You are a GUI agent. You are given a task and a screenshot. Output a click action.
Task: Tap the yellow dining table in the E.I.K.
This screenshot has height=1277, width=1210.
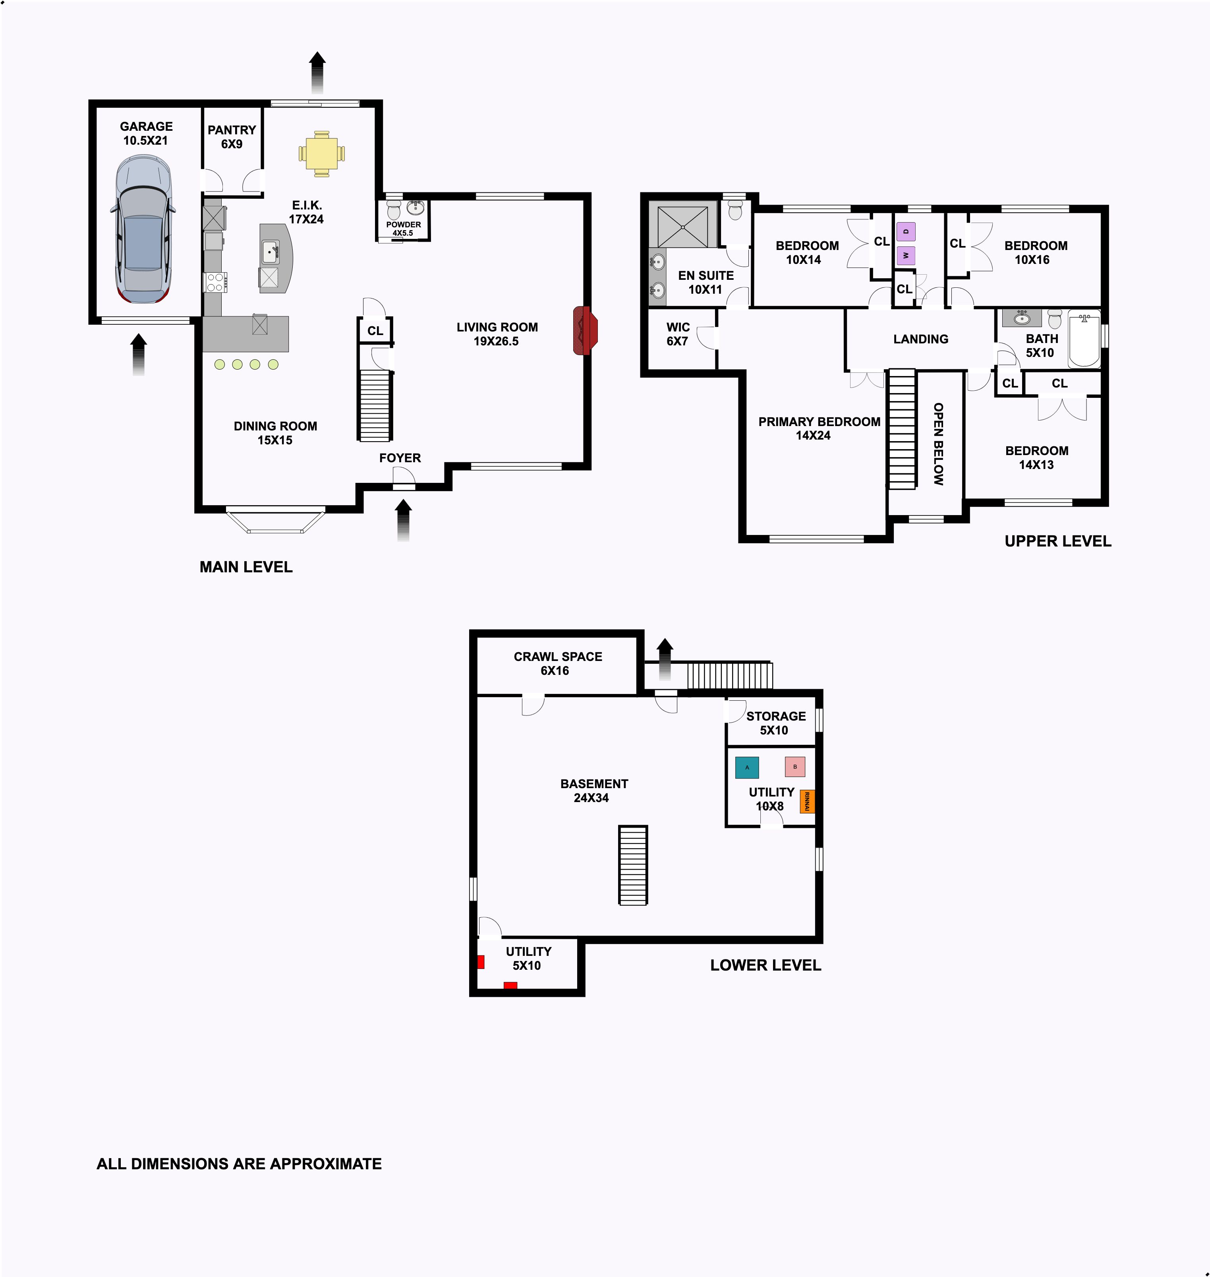321,153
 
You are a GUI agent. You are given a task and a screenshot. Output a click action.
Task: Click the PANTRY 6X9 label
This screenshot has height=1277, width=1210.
232,137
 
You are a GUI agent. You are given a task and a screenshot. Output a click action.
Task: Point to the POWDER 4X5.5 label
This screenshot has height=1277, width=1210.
403,229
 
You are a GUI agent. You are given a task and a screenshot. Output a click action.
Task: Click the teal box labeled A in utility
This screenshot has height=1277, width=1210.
747,767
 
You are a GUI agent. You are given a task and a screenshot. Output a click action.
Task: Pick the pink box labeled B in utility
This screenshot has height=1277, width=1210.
794,767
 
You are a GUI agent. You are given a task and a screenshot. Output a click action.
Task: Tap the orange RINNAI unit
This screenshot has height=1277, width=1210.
807,801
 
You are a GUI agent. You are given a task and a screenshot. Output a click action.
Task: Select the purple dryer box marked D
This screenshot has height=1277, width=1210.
906,231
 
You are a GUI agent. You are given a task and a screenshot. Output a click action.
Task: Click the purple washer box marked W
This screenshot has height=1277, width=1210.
906,256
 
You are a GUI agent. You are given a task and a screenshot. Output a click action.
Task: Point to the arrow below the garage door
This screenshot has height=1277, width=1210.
139,354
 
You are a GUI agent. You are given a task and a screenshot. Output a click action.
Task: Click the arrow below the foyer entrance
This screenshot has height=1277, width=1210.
403,520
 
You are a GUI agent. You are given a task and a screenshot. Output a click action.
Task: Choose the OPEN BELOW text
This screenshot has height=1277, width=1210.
938,444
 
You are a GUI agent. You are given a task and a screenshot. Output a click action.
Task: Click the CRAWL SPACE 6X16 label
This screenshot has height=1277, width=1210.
558,663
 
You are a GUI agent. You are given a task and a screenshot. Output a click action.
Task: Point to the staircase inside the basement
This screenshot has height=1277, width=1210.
633,865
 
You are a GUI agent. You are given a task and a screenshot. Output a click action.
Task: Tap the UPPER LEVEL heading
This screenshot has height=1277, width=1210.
1058,541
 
